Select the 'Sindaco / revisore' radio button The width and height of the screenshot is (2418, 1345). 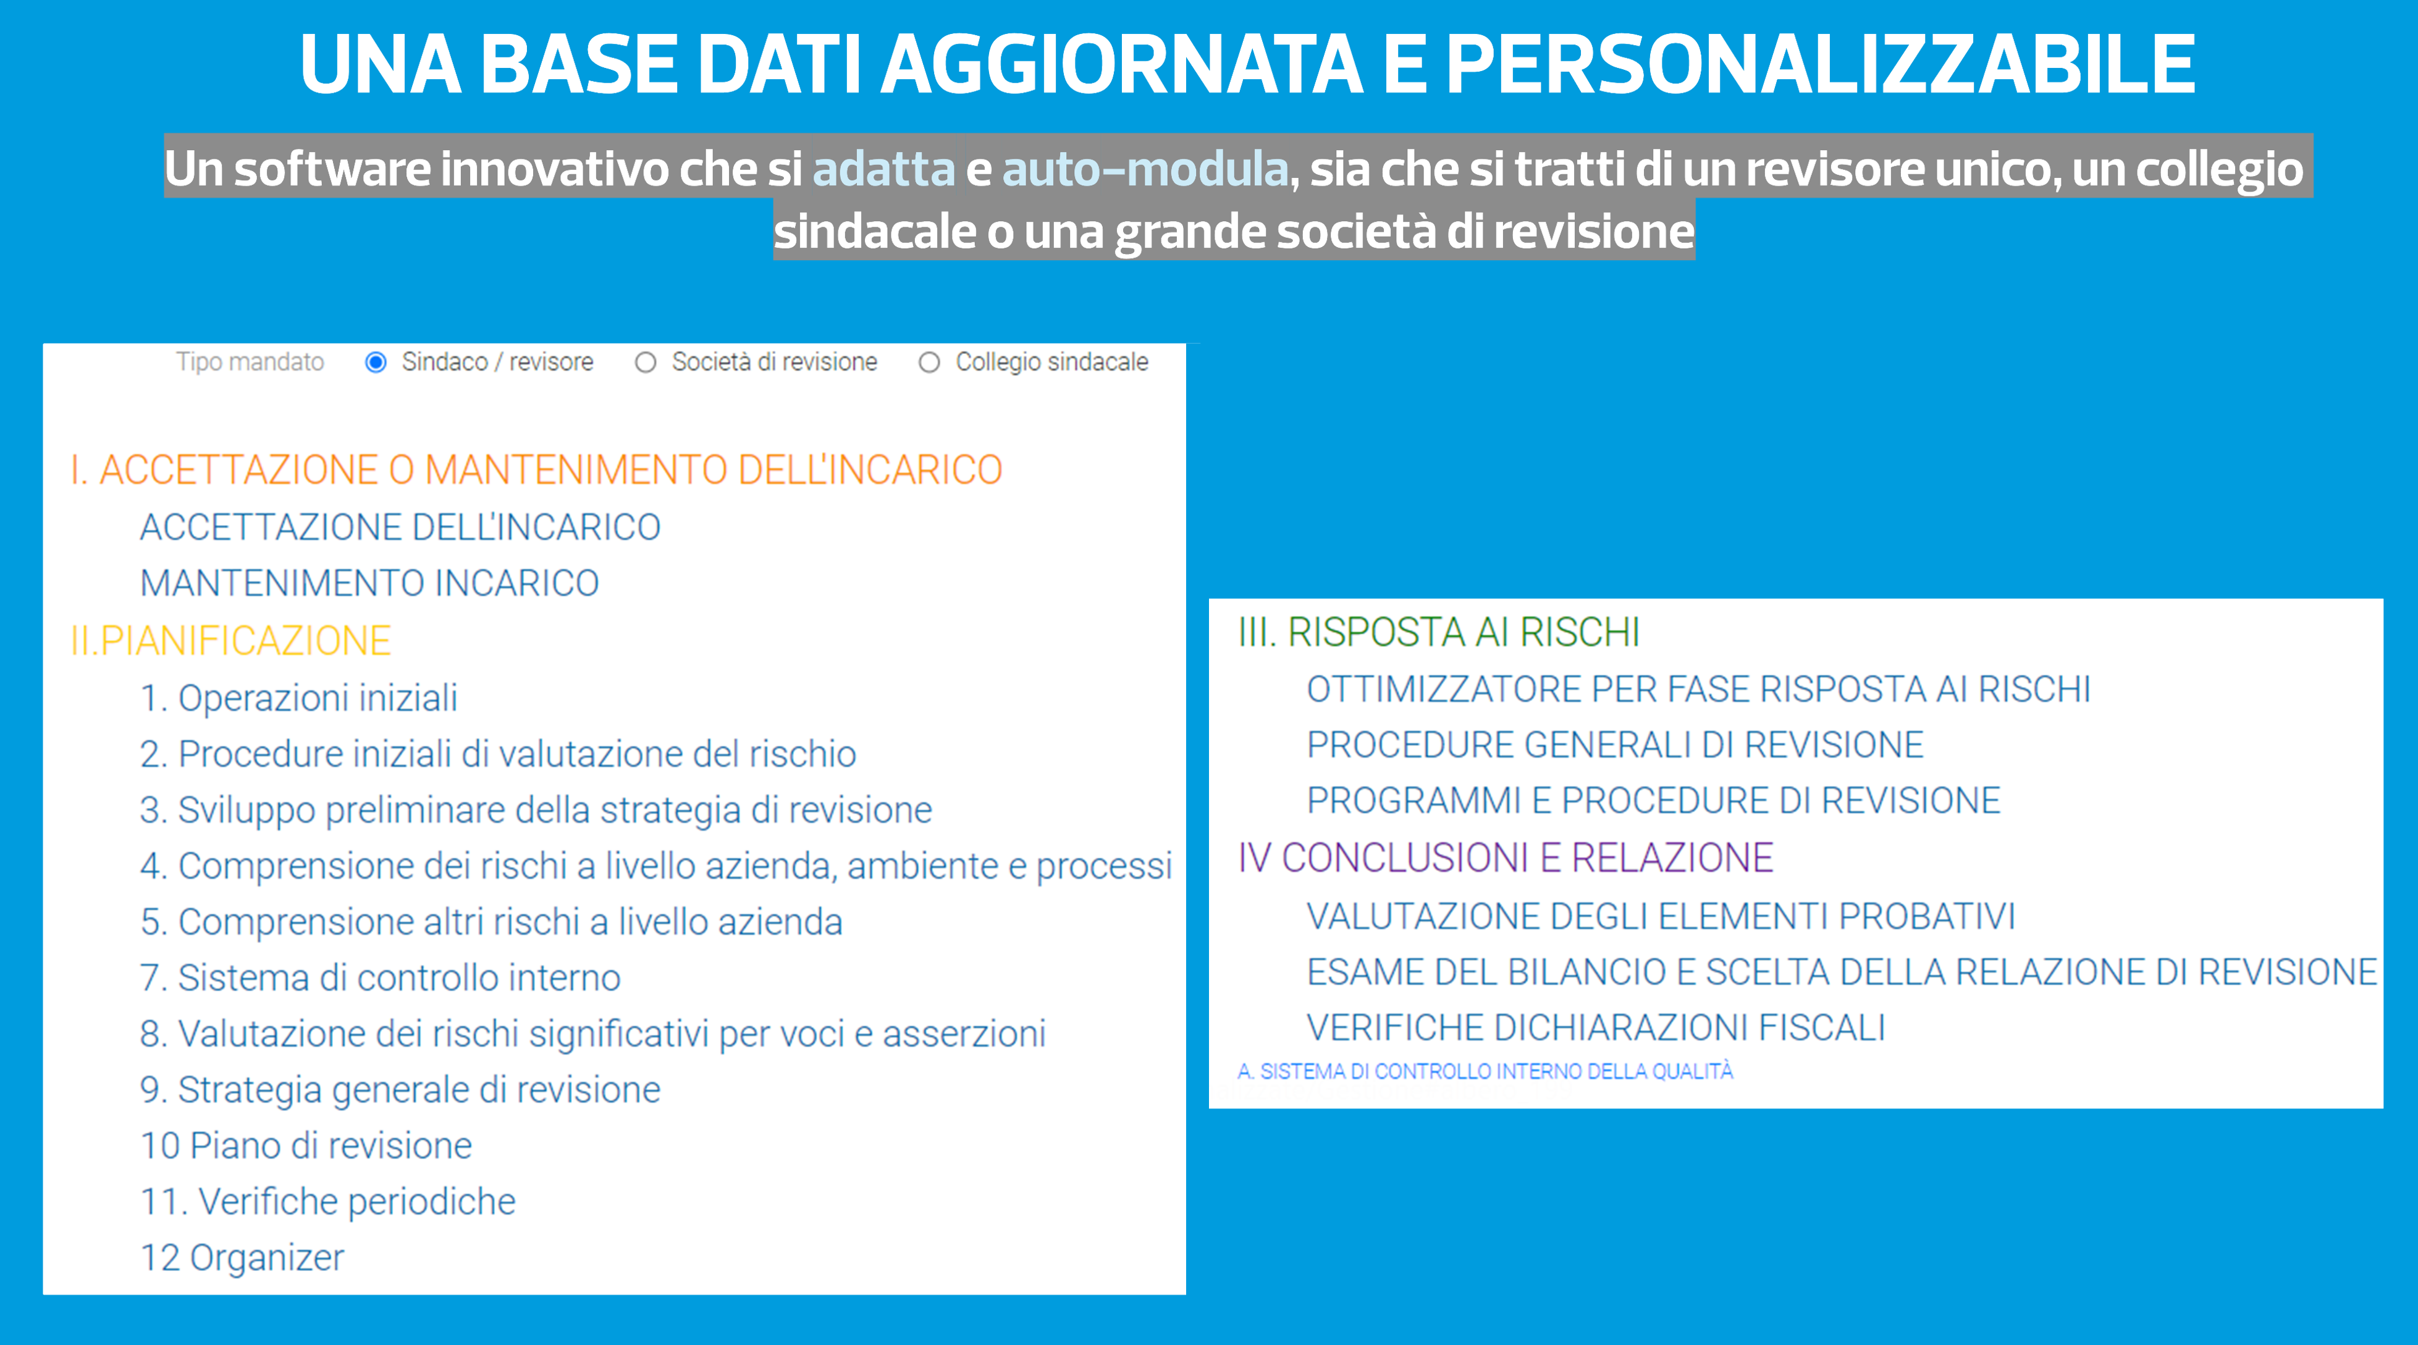376,362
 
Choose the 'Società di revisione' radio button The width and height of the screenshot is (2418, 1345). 645,362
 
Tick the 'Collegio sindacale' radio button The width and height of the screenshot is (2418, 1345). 929,362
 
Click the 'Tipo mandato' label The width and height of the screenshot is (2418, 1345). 250,362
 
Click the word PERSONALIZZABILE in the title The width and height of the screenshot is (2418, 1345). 1820,64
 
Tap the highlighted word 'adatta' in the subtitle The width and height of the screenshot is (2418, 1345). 883,169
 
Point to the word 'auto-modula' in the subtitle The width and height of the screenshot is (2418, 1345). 1145,169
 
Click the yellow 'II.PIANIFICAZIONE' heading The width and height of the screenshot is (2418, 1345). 231,640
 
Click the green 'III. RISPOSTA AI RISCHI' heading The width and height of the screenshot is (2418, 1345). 1439,631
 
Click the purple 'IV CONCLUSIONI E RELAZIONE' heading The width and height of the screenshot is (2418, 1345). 1506,857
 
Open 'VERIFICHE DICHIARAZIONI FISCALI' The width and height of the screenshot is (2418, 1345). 1596,1028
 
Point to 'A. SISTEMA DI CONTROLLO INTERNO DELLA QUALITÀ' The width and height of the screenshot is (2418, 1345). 1486,1071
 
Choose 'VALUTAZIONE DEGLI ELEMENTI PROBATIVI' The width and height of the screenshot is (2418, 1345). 1661,916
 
